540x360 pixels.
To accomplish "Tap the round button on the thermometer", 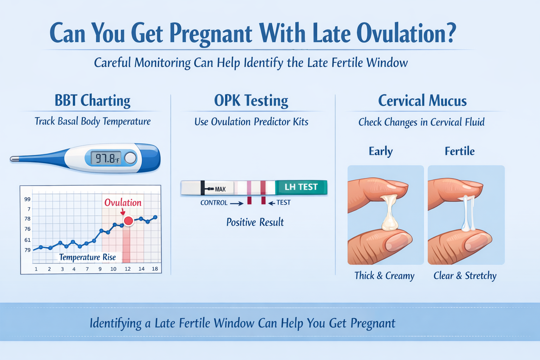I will tap(130, 158).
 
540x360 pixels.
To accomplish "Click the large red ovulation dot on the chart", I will tap(129, 221).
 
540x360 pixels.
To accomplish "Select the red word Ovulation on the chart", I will tap(123, 202).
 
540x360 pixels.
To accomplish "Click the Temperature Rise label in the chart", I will tap(88, 257).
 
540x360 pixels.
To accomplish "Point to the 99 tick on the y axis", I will tap(27, 199).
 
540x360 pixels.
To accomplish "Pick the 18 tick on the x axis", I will tap(155, 269).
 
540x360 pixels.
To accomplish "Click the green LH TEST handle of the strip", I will tap(301, 187).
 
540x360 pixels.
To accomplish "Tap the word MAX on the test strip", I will tap(220, 189).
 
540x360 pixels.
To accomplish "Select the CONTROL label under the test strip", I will tap(214, 203).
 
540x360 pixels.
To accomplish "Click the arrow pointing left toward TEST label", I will tap(271, 203).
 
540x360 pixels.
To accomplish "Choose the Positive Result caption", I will tap(255, 222).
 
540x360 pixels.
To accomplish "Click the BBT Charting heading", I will tap(92, 101).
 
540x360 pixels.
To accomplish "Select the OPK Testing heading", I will tap(251, 101).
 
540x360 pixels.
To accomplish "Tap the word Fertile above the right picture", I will tap(459, 151).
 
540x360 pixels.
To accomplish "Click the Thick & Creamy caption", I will tap(384, 276).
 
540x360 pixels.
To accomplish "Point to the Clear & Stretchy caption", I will tap(465, 276).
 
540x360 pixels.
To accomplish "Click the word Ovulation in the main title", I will tap(406, 34).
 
